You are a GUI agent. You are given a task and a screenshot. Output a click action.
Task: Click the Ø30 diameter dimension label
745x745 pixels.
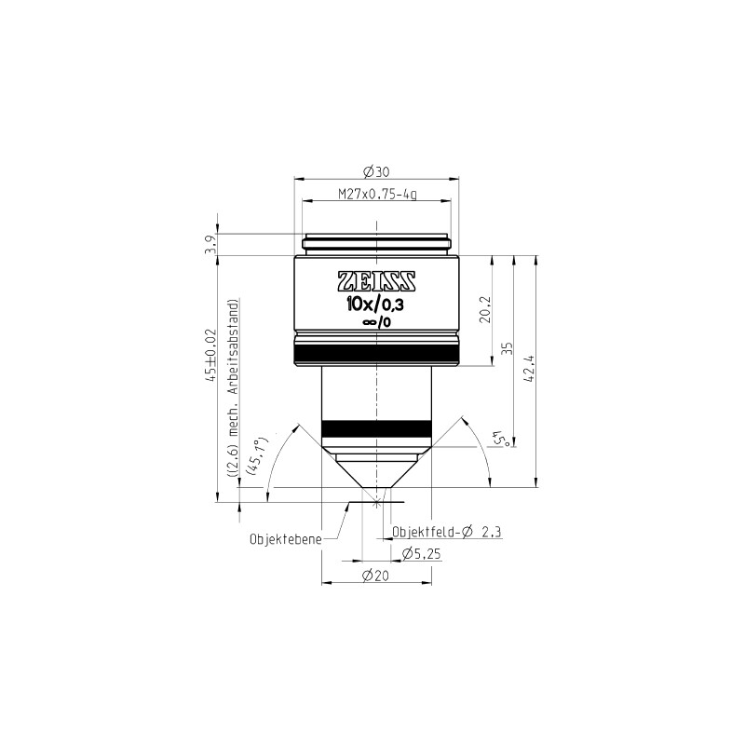(x=376, y=171)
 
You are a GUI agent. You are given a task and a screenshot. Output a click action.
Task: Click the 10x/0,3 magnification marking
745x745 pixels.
(x=376, y=304)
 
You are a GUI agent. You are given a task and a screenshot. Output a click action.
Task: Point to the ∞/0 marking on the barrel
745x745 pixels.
(x=376, y=322)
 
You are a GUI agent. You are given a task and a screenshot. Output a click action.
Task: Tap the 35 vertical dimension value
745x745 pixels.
(x=508, y=348)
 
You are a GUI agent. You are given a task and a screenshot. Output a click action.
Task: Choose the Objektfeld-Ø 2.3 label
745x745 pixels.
(x=446, y=534)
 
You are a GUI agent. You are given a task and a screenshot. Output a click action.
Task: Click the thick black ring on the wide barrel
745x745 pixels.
(x=376, y=353)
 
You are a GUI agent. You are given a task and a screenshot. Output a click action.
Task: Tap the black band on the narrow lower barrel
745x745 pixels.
(x=376, y=427)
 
